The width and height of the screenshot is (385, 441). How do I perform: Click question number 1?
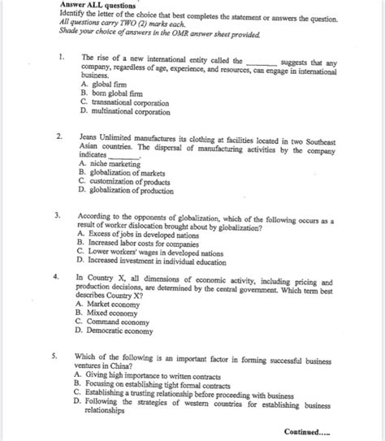51,58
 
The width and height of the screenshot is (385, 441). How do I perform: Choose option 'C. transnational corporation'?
129,102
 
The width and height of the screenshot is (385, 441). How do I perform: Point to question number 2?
51,136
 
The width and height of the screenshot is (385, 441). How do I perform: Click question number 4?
51,277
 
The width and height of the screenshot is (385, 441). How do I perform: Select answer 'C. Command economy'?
116,322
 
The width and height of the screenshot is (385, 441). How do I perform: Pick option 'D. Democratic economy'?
119,331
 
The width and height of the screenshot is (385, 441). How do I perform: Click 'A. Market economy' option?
114,304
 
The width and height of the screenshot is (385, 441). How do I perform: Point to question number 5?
51,356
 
